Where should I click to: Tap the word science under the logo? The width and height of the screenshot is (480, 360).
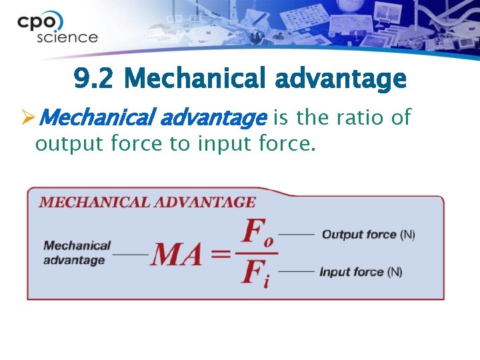pyautogui.click(x=67, y=37)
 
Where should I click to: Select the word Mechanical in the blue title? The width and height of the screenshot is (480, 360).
pyautogui.click(x=189, y=80)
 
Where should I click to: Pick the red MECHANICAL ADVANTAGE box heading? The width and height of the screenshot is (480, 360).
pyautogui.click(x=147, y=202)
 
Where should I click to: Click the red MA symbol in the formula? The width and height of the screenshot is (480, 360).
pyautogui.click(x=176, y=255)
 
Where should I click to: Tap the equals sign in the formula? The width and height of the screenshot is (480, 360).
pyautogui.click(x=223, y=255)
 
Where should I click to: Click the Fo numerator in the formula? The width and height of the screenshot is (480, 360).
pyautogui.click(x=258, y=234)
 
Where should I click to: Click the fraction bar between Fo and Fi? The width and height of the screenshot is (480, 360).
pyautogui.click(x=257, y=253)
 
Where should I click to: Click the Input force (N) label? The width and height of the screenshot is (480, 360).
pyautogui.click(x=361, y=272)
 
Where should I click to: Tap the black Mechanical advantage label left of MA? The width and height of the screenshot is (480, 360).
pyautogui.click(x=77, y=253)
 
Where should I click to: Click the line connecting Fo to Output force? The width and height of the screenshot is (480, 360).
pyautogui.click(x=296, y=235)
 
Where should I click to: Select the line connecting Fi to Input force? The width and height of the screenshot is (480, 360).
pyautogui.click(x=296, y=272)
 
